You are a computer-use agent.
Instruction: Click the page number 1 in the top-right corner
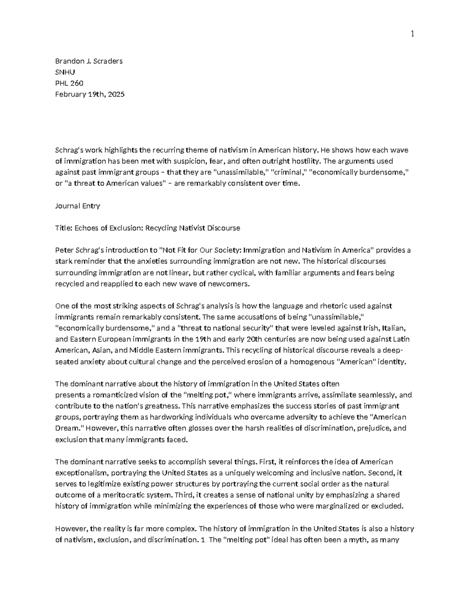coord(412,34)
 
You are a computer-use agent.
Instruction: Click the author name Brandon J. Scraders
coord(89,61)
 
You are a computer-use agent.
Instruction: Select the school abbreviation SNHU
coord(65,72)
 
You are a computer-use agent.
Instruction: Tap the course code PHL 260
coord(69,83)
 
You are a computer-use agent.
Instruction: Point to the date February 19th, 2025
coord(90,94)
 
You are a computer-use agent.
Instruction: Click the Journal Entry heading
coord(78,206)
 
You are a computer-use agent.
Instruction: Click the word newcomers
coord(230,284)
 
